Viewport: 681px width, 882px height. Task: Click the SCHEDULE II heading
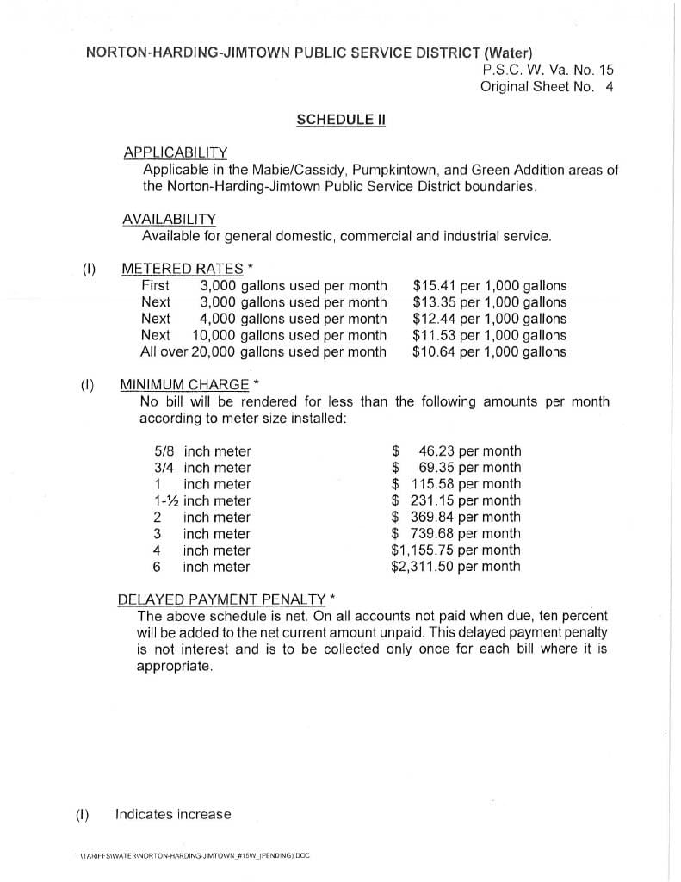(x=340, y=120)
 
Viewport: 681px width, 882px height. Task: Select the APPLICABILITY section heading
(x=175, y=152)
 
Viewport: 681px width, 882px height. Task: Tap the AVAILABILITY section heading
(x=169, y=219)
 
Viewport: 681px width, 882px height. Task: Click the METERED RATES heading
(x=183, y=269)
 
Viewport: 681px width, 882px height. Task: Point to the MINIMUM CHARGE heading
(x=184, y=384)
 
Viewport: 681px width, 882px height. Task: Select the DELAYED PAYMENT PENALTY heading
(x=221, y=599)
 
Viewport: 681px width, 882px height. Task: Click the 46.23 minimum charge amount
(x=436, y=451)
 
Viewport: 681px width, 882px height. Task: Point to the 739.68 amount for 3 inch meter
(x=434, y=534)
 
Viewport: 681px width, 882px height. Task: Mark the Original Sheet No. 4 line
(x=547, y=86)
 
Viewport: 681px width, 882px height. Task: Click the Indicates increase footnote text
(x=173, y=814)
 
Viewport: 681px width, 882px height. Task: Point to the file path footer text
(x=193, y=857)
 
